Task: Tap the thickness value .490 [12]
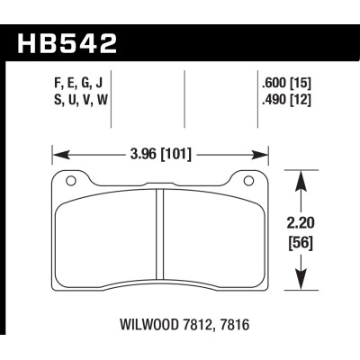coord(280,100)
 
